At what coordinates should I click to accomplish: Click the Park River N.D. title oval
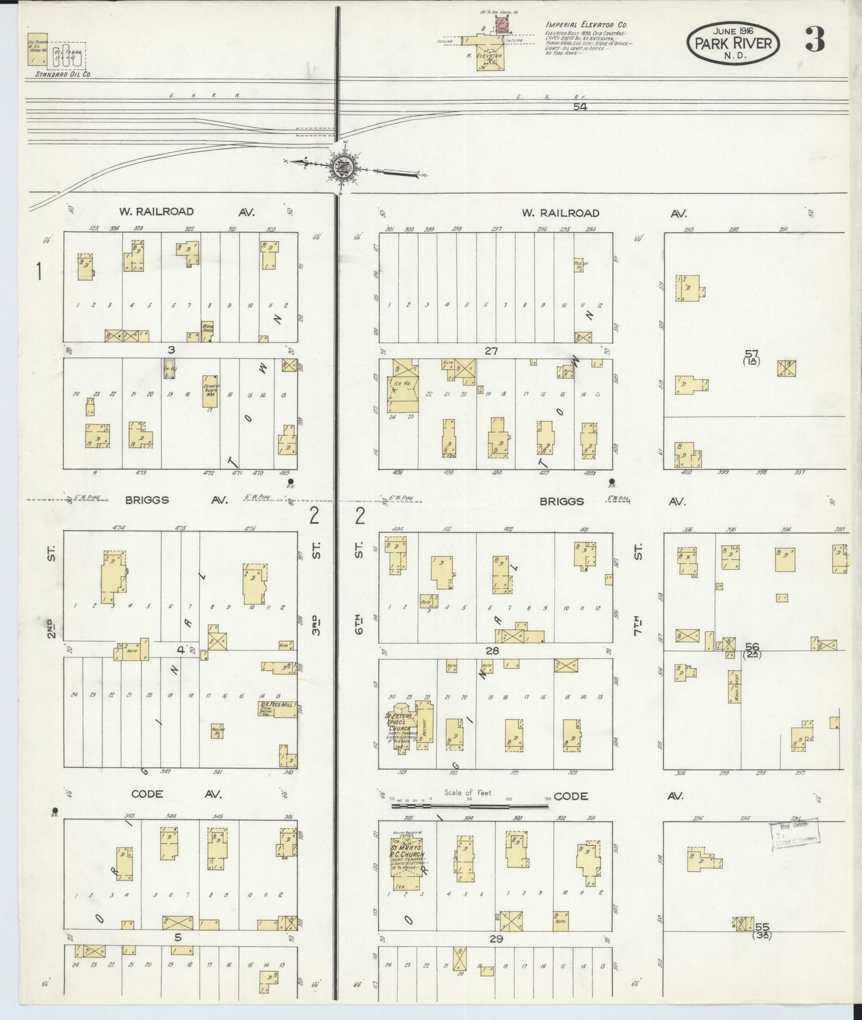pos(733,43)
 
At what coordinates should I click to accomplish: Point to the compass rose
pos(345,166)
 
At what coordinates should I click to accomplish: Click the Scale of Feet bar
pos(469,806)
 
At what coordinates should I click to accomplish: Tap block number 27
pos(490,351)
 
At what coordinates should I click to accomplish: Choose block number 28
pos(492,650)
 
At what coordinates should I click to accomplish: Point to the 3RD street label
pos(317,623)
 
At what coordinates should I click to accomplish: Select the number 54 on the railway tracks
pos(579,107)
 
